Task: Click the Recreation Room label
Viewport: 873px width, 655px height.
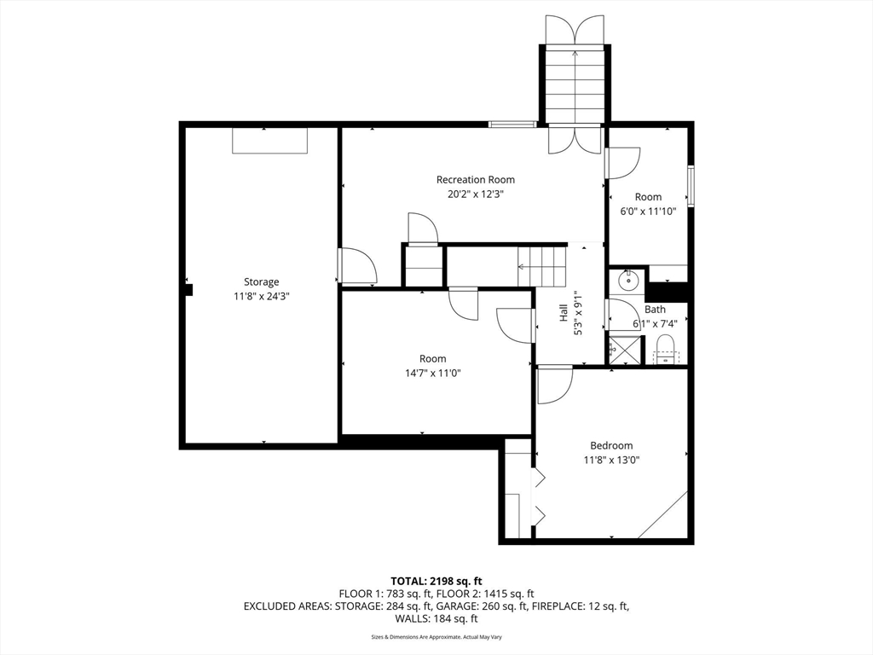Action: pyautogui.click(x=476, y=179)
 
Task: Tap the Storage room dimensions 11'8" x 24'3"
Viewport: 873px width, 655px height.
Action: pyautogui.click(x=261, y=296)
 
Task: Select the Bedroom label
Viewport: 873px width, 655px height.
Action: pyautogui.click(x=611, y=445)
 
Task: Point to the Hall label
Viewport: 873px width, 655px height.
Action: pyautogui.click(x=564, y=312)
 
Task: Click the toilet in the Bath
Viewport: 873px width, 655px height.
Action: pyautogui.click(x=666, y=350)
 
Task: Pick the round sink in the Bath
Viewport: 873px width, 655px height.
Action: pyautogui.click(x=627, y=281)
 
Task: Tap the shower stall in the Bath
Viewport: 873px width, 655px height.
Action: pyautogui.click(x=626, y=351)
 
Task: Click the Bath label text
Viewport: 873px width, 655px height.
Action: pyautogui.click(x=655, y=309)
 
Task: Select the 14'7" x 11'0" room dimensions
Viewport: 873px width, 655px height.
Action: pyautogui.click(x=432, y=374)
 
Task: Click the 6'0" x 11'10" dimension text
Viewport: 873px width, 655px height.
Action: pyautogui.click(x=648, y=212)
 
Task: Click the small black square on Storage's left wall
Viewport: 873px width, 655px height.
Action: pyautogui.click(x=188, y=290)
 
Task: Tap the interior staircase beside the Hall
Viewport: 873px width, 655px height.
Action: pyautogui.click(x=541, y=266)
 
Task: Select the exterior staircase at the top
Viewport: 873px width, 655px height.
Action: pyautogui.click(x=575, y=84)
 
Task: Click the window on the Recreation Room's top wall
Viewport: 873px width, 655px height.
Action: pyautogui.click(x=512, y=125)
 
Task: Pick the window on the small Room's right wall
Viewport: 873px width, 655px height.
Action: pyautogui.click(x=691, y=186)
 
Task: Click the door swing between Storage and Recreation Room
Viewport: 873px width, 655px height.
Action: pyautogui.click(x=357, y=266)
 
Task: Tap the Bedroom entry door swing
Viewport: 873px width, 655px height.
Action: pyautogui.click(x=555, y=385)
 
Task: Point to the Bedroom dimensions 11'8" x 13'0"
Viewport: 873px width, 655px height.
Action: pyautogui.click(x=611, y=460)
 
